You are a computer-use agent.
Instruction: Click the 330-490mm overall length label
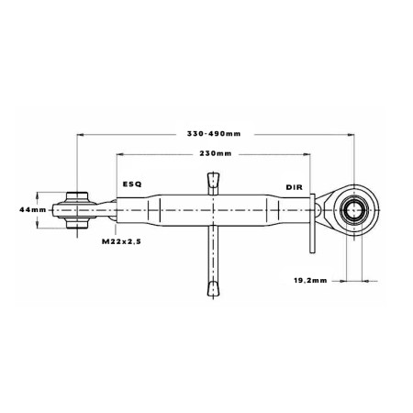click(x=214, y=134)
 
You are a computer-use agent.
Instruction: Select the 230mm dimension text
click(x=216, y=153)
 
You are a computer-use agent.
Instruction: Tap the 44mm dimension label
click(x=33, y=210)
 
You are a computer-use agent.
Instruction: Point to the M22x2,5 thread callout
click(x=121, y=241)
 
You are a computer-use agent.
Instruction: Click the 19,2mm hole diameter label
click(x=310, y=280)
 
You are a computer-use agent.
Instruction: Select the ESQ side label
click(x=132, y=184)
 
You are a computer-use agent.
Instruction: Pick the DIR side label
click(x=295, y=187)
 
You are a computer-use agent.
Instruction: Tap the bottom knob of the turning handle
click(x=213, y=289)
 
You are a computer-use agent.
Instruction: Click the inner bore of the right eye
click(x=354, y=210)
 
